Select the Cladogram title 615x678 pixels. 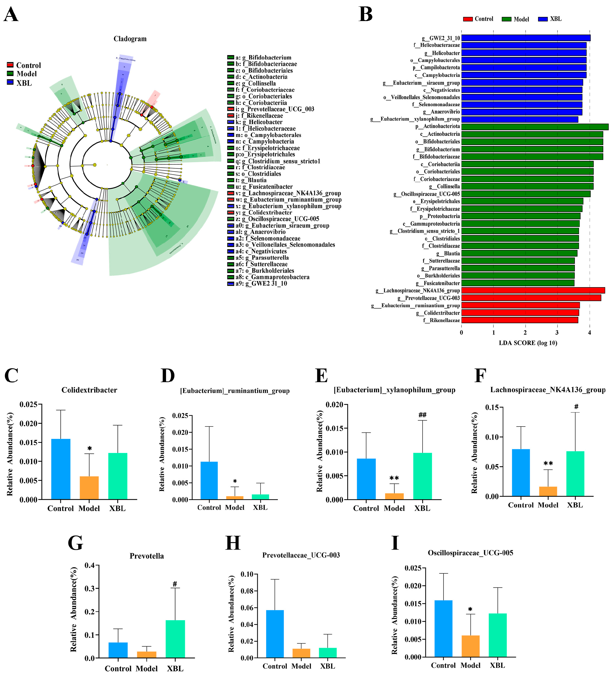pyautogui.click(x=130, y=39)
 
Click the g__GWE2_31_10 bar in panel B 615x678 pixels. pyautogui.click(x=525, y=38)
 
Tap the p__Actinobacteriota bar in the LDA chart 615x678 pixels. pyautogui.click(x=535, y=127)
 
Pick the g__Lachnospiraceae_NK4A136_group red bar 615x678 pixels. pyautogui.click(x=533, y=290)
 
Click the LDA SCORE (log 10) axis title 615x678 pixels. pyautogui.click(x=528, y=343)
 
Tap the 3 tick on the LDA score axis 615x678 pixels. pyautogui.click(x=557, y=333)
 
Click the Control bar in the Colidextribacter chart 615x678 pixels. pyautogui.click(x=61, y=469)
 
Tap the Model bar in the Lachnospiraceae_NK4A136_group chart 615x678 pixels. pyautogui.click(x=548, y=491)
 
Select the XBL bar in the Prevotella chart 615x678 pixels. pyautogui.click(x=175, y=639)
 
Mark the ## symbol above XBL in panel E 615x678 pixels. pyautogui.click(x=422, y=415)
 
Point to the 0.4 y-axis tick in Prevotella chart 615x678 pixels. pyautogui.click(x=90, y=565)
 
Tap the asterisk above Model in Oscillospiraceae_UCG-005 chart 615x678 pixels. pyautogui.click(x=470, y=610)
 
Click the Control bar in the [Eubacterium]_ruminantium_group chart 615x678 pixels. pyautogui.click(x=209, y=481)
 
